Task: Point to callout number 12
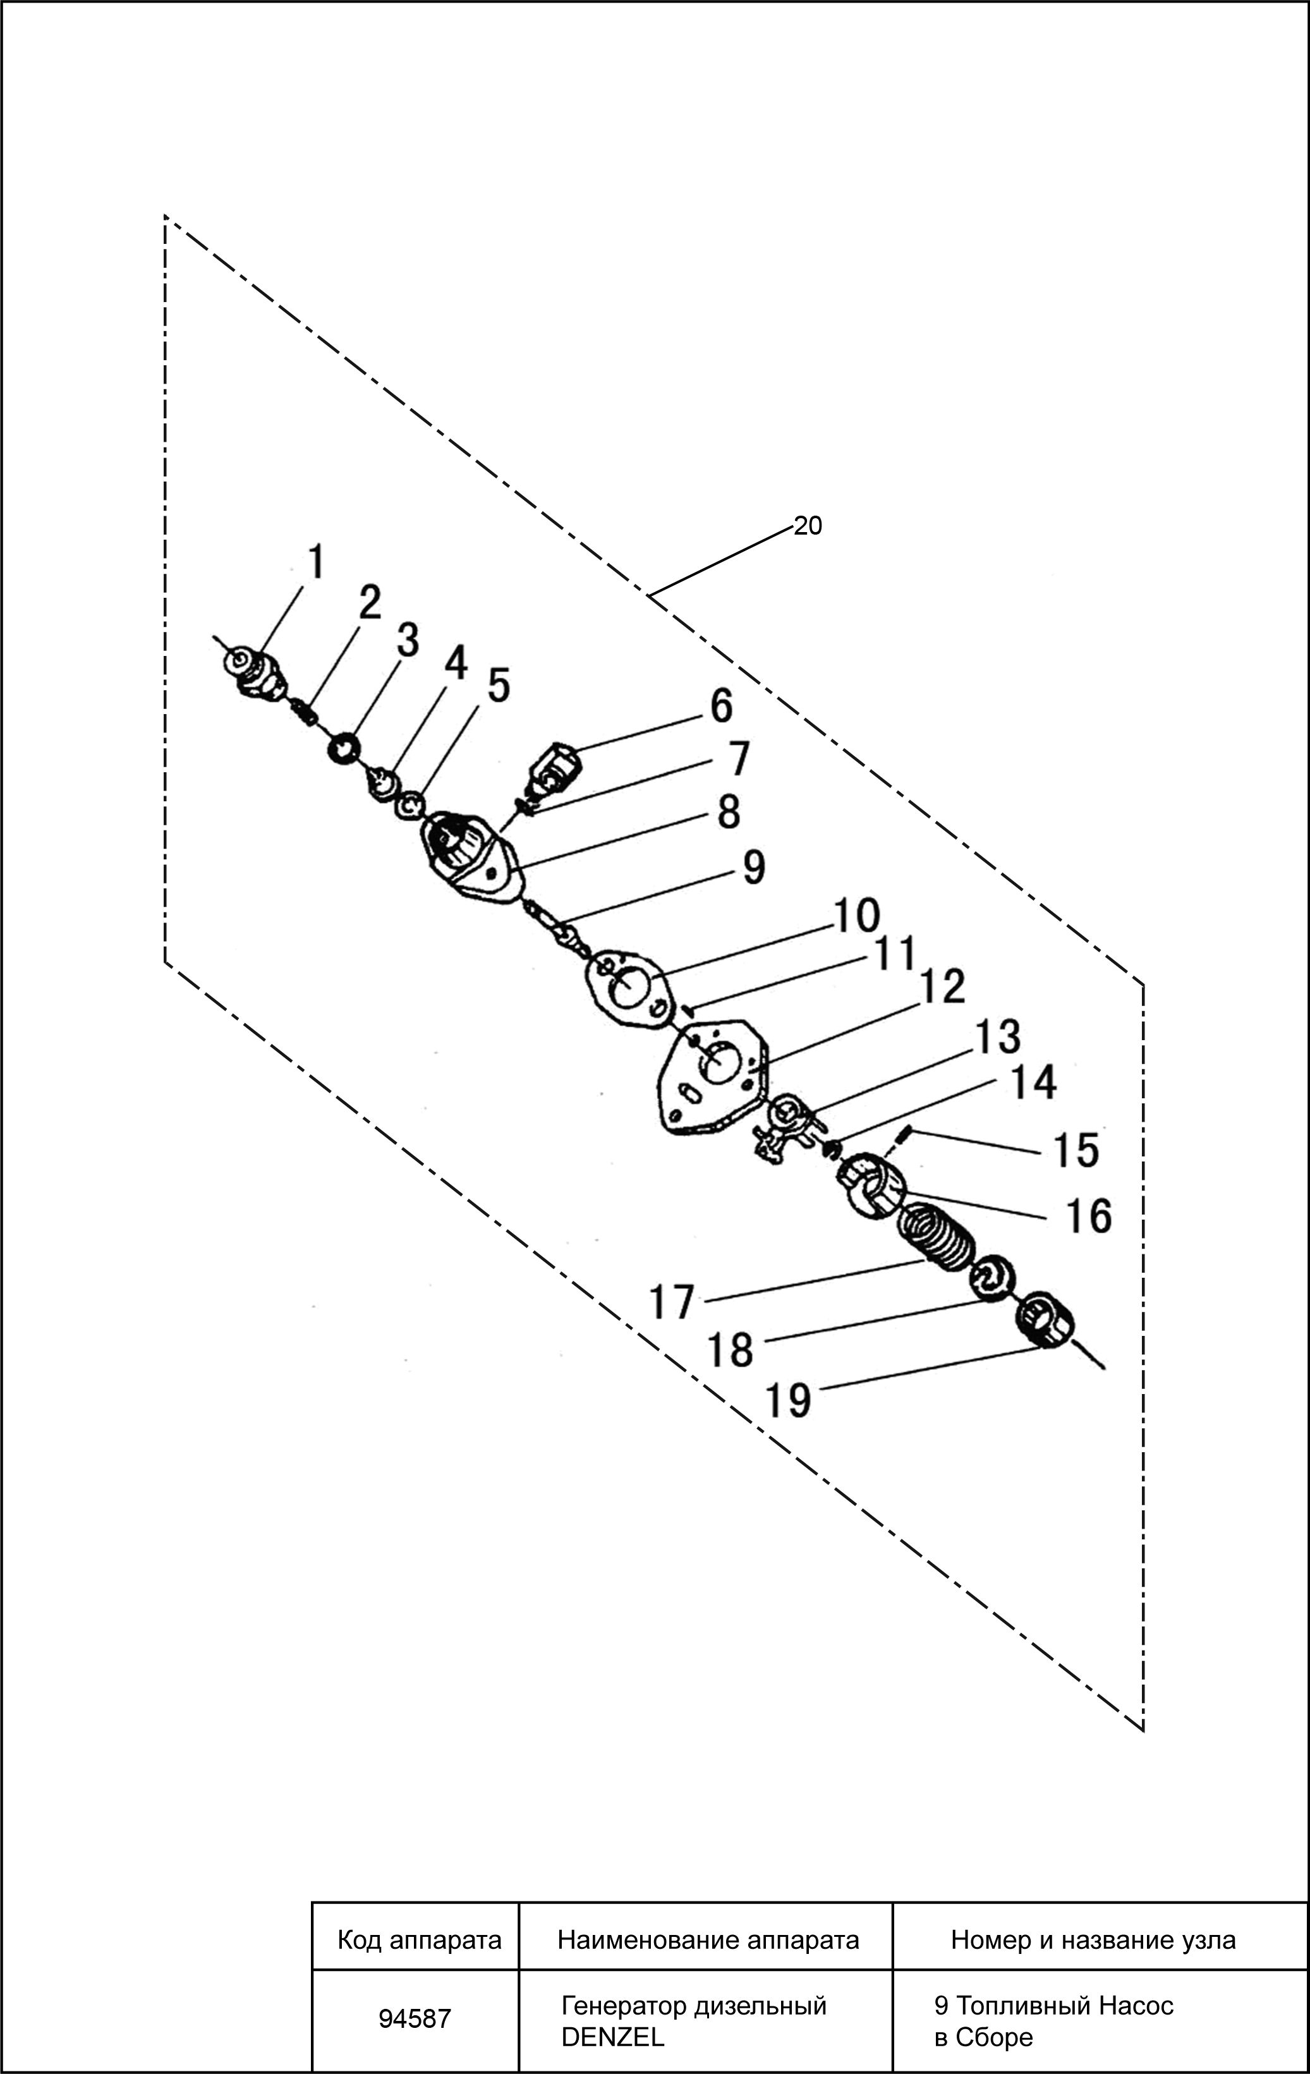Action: coord(942,986)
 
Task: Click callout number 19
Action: coord(788,1400)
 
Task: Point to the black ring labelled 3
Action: coord(344,747)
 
